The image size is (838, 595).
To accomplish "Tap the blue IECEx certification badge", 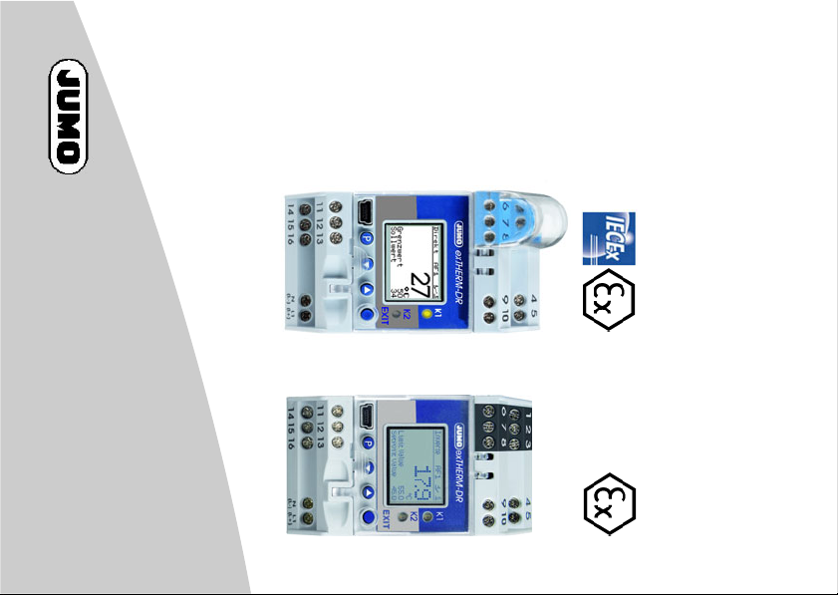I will pyautogui.click(x=607, y=239).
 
